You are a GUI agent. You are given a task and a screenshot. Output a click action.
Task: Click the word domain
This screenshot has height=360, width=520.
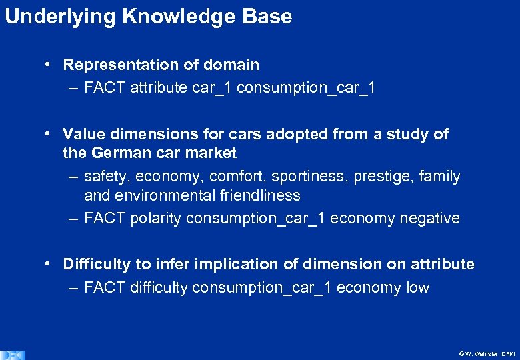click(x=231, y=65)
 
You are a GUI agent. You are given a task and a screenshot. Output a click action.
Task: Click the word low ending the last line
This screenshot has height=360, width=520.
click(x=417, y=287)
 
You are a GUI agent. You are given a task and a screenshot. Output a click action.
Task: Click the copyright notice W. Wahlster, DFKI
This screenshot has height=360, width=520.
click(x=487, y=354)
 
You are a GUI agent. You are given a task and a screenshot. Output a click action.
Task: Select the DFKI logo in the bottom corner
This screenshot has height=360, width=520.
click(x=12, y=355)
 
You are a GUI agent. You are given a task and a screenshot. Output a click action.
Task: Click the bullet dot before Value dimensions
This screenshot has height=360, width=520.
click(x=49, y=134)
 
